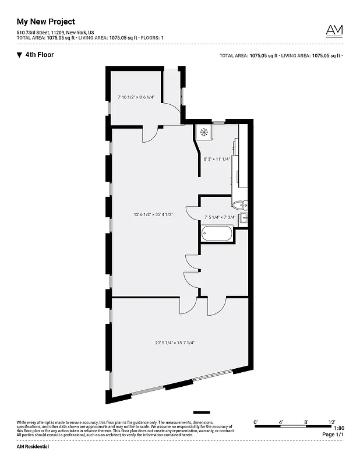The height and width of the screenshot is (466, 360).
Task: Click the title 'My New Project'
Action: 45,22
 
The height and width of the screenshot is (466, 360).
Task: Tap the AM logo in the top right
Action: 334,31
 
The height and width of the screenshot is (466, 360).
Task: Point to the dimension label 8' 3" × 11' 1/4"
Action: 217,158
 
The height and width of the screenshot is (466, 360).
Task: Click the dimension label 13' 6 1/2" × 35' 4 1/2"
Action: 153,215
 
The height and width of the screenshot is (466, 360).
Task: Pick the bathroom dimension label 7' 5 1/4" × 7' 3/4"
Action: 220,218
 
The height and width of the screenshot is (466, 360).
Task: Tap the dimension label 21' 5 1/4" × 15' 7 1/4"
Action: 175,343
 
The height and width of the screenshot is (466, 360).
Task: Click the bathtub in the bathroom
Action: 217,234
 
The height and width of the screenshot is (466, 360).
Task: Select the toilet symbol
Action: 239,204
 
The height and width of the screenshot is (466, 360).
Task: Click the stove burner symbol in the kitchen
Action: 204,132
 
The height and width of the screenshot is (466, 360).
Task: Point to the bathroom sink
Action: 245,218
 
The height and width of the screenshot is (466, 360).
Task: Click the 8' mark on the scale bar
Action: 306,421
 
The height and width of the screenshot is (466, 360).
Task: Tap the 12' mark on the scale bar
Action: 331,421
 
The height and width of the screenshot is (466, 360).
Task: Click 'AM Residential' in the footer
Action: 33,446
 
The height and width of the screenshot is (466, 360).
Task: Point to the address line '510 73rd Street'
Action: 33,32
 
